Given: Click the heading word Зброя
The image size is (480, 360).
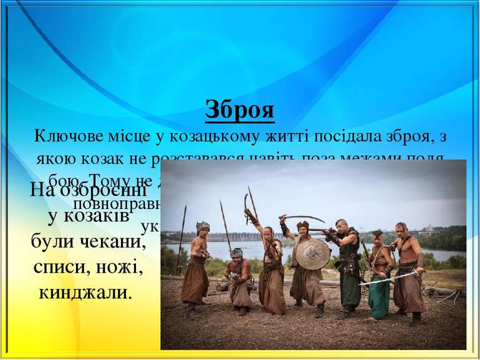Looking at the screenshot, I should point(240,111).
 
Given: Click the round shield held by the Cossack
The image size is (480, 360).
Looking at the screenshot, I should point(312,253).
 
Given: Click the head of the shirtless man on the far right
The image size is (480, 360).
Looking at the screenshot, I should point(400,228).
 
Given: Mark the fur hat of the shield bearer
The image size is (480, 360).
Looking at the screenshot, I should point(303,223).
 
